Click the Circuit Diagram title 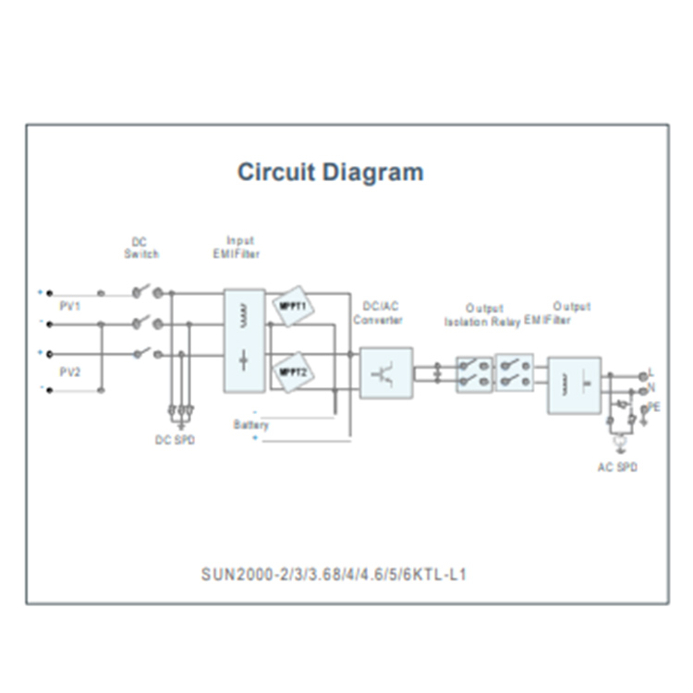(330, 173)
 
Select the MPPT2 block (293, 372)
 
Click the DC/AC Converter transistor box (385, 373)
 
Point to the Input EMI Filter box (244, 341)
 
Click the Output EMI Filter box (574, 385)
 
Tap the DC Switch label (141, 248)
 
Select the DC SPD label (175, 440)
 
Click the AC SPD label (616, 468)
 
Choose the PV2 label (70, 371)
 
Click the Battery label (250, 425)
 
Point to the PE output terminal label (653, 406)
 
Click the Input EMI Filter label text (241, 246)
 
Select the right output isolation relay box (515, 373)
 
